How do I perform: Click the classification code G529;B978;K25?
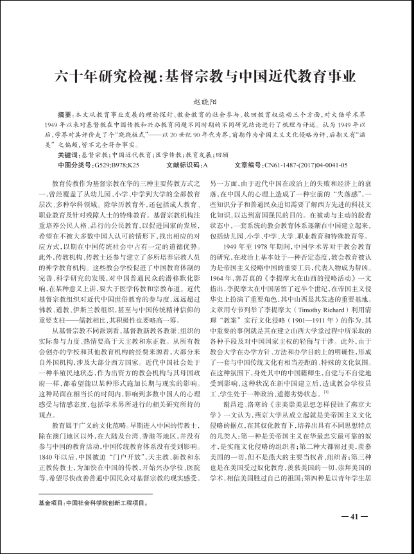click(116, 165)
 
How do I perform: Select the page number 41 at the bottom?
click(353, 517)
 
